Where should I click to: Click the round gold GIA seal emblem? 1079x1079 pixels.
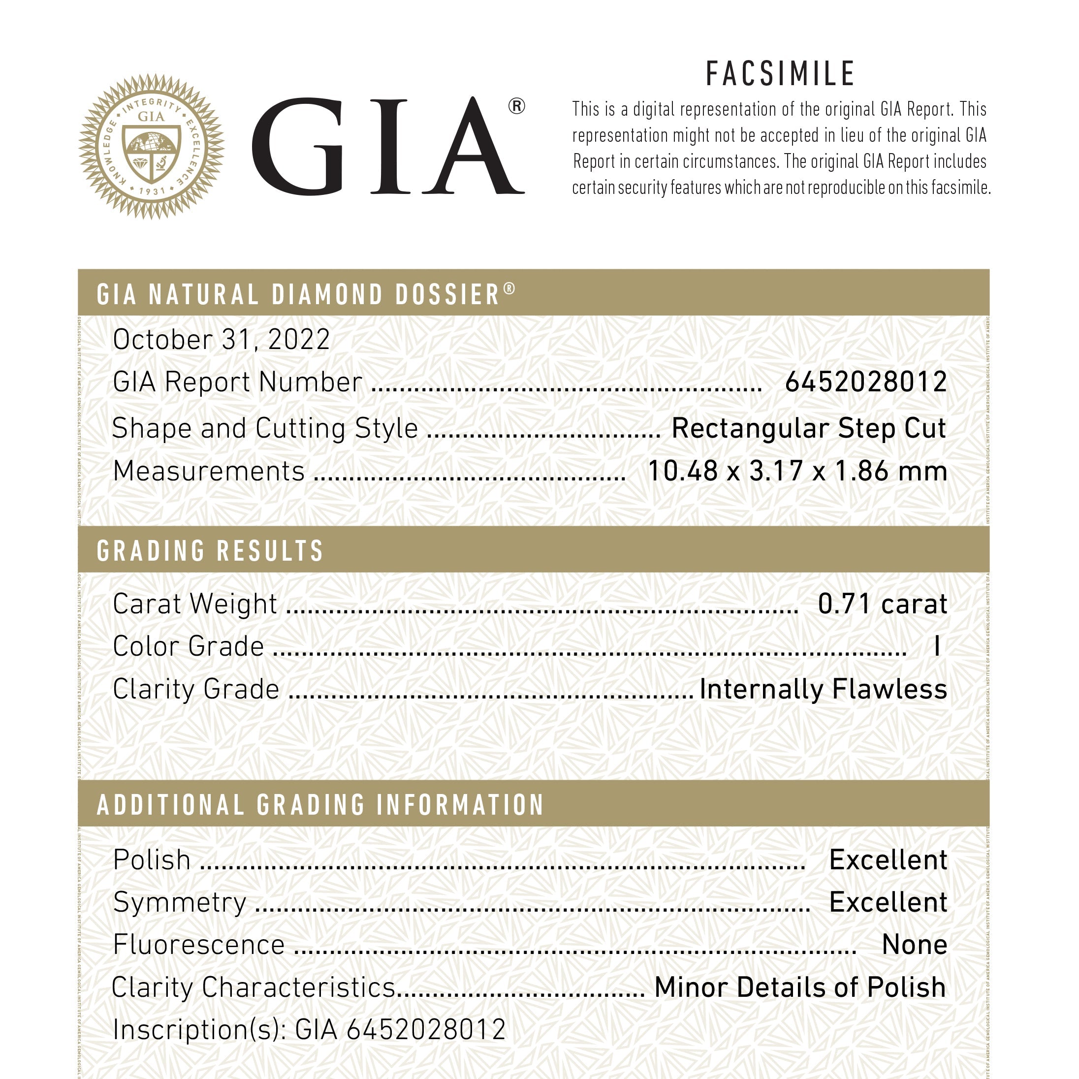(151, 146)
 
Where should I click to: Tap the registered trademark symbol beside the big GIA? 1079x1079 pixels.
(516, 106)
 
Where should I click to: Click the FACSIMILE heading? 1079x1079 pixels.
(780, 74)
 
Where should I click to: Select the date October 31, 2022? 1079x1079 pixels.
(221, 340)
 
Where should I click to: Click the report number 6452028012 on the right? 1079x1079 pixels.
(866, 382)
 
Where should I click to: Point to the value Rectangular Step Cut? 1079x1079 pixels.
(808, 428)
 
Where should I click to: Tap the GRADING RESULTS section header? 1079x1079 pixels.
(210, 551)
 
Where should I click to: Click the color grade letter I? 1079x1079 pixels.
(937, 647)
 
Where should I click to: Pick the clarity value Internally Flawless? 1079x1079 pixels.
(823, 689)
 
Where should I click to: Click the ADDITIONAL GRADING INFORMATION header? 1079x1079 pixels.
(320, 805)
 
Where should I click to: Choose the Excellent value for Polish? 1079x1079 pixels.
(888, 860)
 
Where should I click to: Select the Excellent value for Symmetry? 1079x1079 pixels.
(888, 902)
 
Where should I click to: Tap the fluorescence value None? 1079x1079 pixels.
(914, 945)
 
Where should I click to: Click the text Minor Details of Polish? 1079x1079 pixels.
(800, 987)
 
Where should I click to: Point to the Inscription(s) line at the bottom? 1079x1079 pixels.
(309, 1030)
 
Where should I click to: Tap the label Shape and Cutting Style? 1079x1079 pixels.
(265, 429)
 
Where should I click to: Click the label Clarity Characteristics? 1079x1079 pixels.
(254, 987)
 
